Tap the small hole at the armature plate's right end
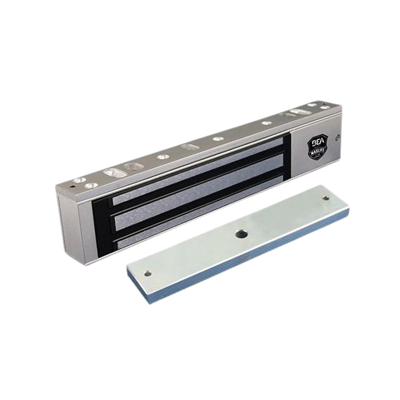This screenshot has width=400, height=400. [x=326, y=198]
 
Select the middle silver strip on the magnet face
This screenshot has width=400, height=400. [x=196, y=200]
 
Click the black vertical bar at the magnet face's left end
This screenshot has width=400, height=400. [x=100, y=224]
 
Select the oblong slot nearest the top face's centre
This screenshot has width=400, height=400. [x=188, y=147]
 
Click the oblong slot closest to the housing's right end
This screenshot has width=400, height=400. [x=298, y=111]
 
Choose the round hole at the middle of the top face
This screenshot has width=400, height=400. [x=218, y=139]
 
